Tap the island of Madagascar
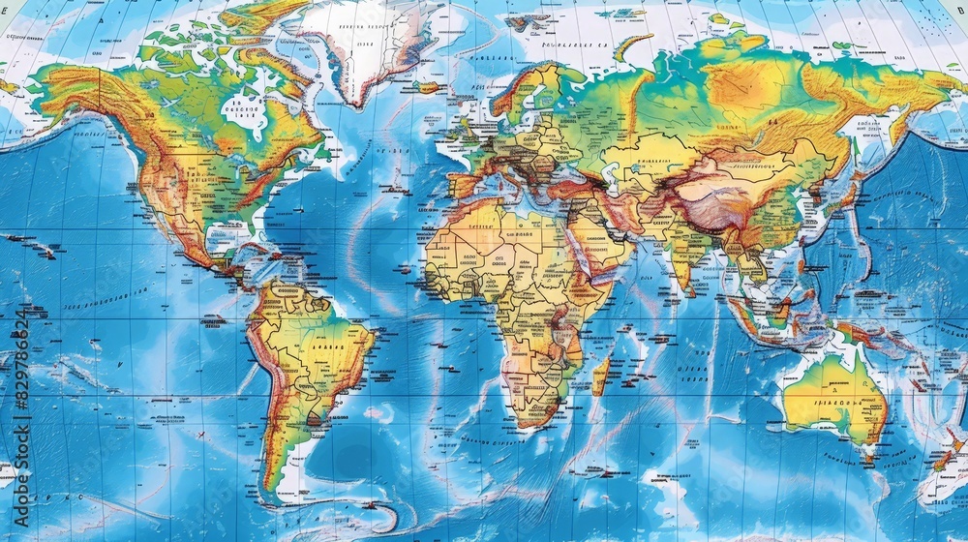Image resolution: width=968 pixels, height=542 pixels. click(x=600, y=375)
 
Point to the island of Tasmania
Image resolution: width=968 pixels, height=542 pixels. click(x=864, y=452)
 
